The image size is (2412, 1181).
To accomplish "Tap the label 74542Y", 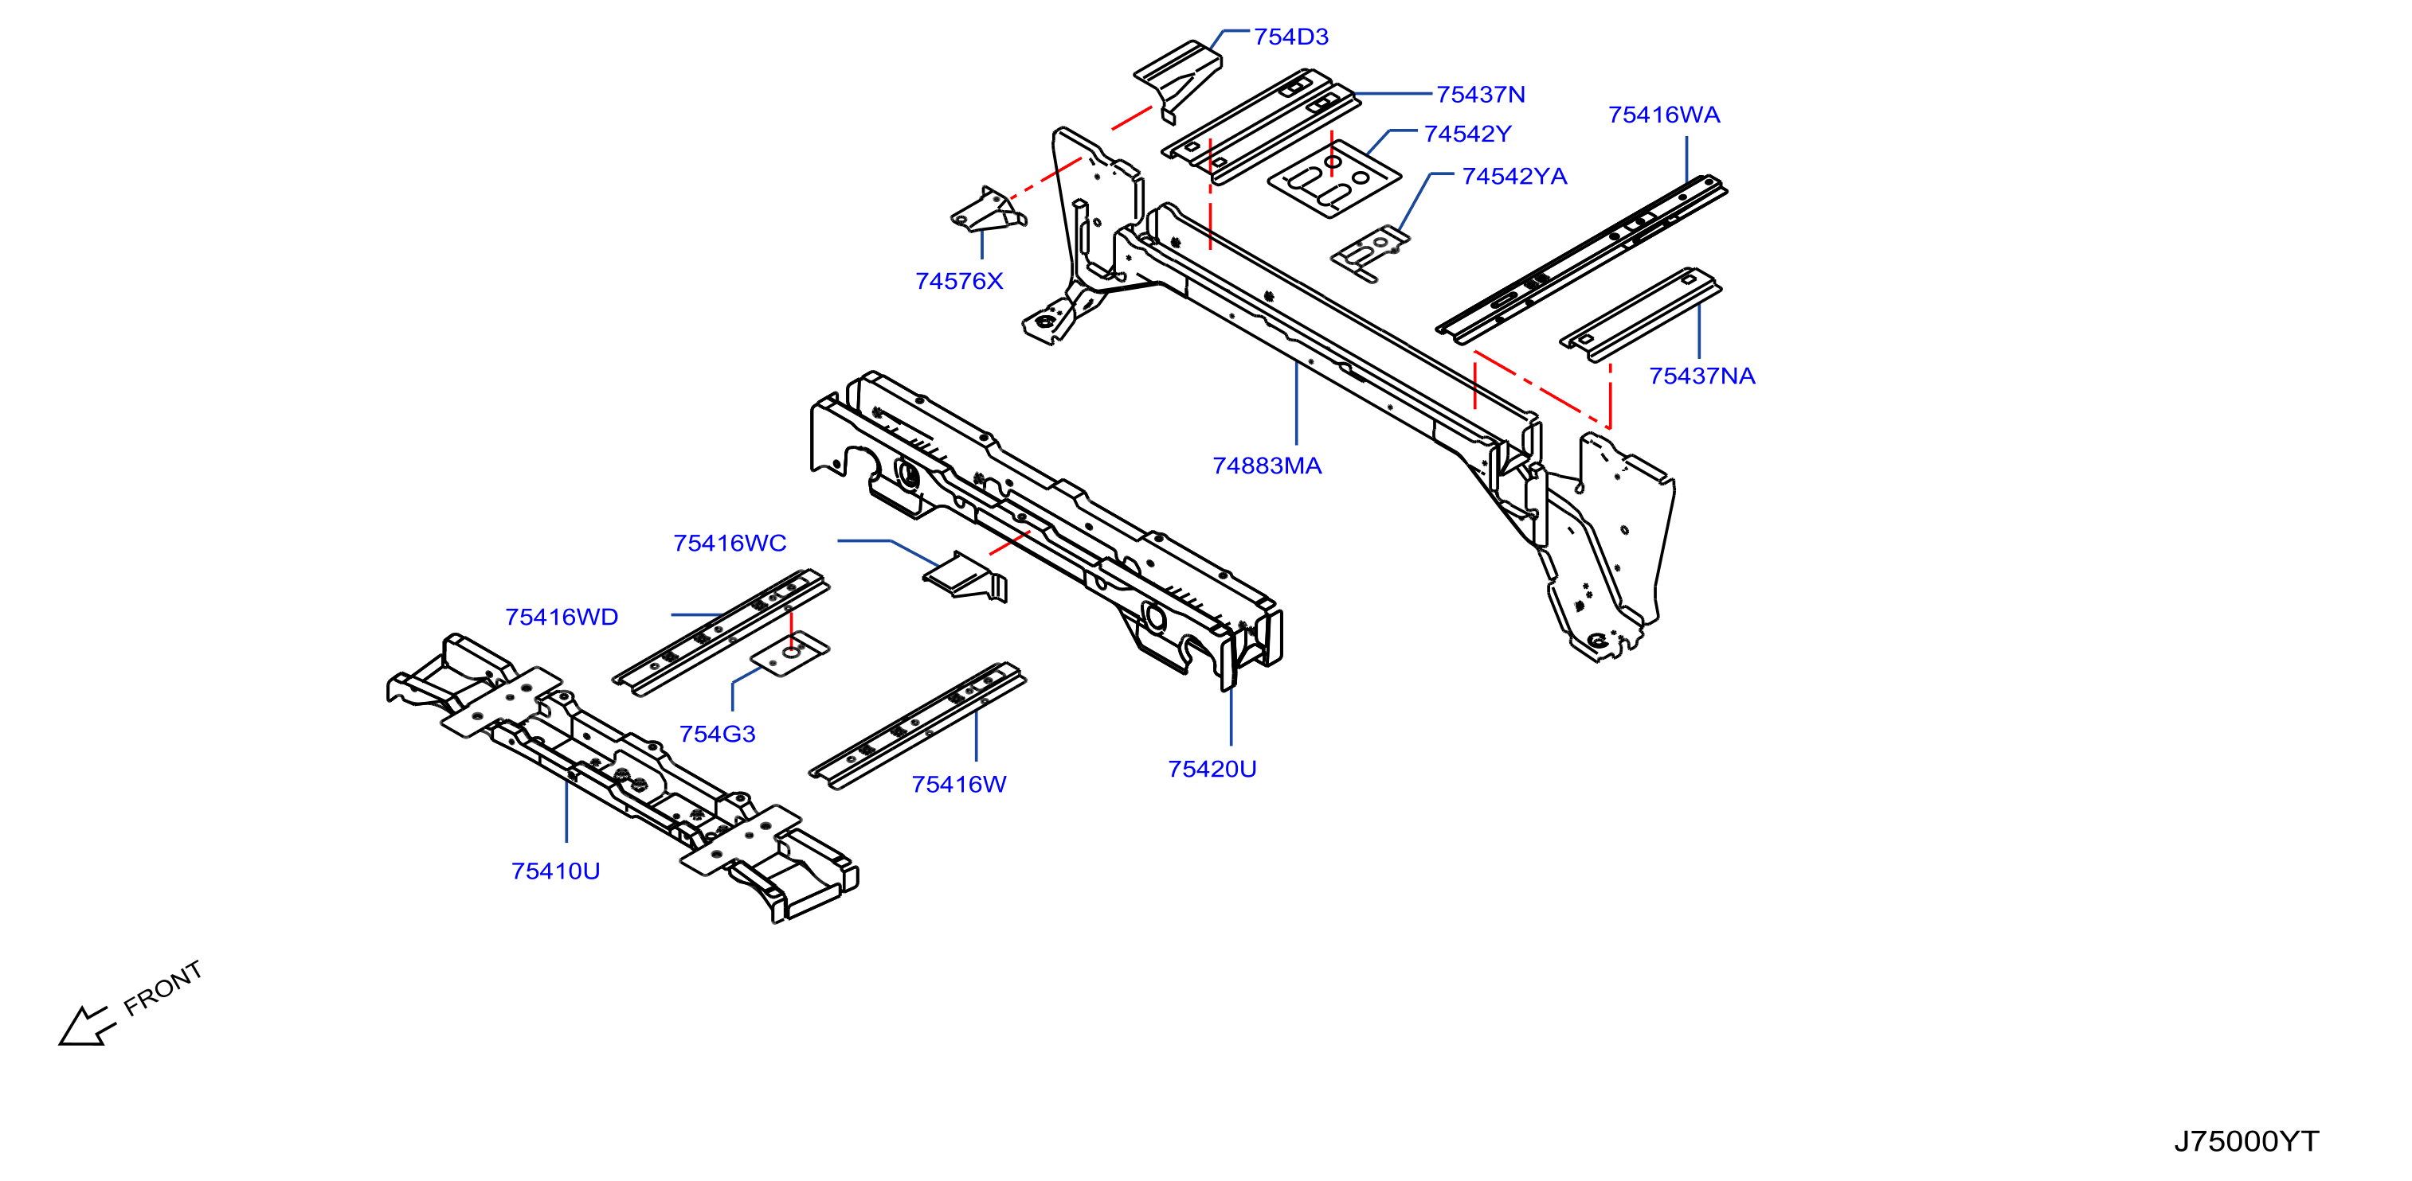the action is tap(1467, 134).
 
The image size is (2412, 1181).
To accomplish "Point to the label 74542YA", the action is tap(1514, 176).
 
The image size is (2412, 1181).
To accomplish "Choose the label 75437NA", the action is tap(1701, 376).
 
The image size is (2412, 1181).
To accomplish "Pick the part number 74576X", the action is tap(959, 281).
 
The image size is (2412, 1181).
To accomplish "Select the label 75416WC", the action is tap(730, 543).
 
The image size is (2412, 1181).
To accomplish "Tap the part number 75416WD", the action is tap(561, 617).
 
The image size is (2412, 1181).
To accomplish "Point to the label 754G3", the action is tap(717, 734).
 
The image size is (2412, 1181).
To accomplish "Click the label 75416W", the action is tap(959, 784).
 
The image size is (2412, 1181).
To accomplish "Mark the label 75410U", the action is tap(555, 871).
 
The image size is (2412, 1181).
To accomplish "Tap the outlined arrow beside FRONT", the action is tap(86, 1027).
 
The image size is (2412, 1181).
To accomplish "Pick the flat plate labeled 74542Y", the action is tap(1333, 180).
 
